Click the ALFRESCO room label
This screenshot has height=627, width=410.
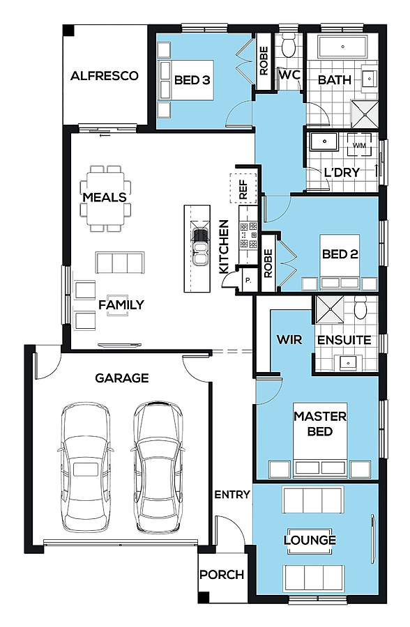105,75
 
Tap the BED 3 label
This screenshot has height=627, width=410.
192,80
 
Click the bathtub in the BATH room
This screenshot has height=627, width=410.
343,47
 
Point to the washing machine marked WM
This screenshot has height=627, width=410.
359,145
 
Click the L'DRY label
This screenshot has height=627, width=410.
342,172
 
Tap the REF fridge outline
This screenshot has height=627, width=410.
243,188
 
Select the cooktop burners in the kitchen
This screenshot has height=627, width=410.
248,235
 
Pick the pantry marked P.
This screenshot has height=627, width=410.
248,281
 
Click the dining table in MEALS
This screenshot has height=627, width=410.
105,199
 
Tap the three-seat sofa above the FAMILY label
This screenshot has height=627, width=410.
119,263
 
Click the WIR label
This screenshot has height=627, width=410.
289,340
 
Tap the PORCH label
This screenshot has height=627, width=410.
222,575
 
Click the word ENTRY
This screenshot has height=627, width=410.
232,495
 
